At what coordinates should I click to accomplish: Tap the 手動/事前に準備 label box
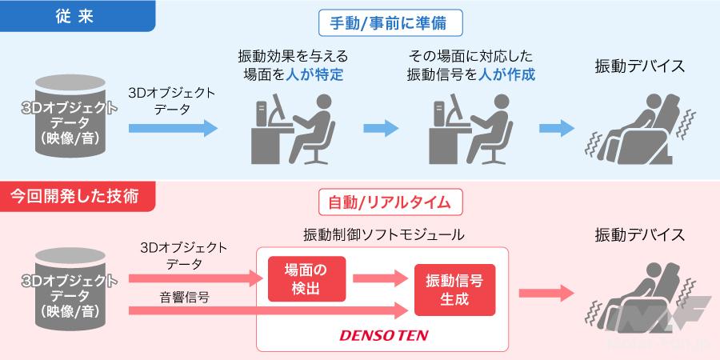coord(390,23)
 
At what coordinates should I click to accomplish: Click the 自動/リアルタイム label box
coord(391,202)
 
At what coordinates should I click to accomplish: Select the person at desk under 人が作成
coord(469,129)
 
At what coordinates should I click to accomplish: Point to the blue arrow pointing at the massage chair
coord(558,127)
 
